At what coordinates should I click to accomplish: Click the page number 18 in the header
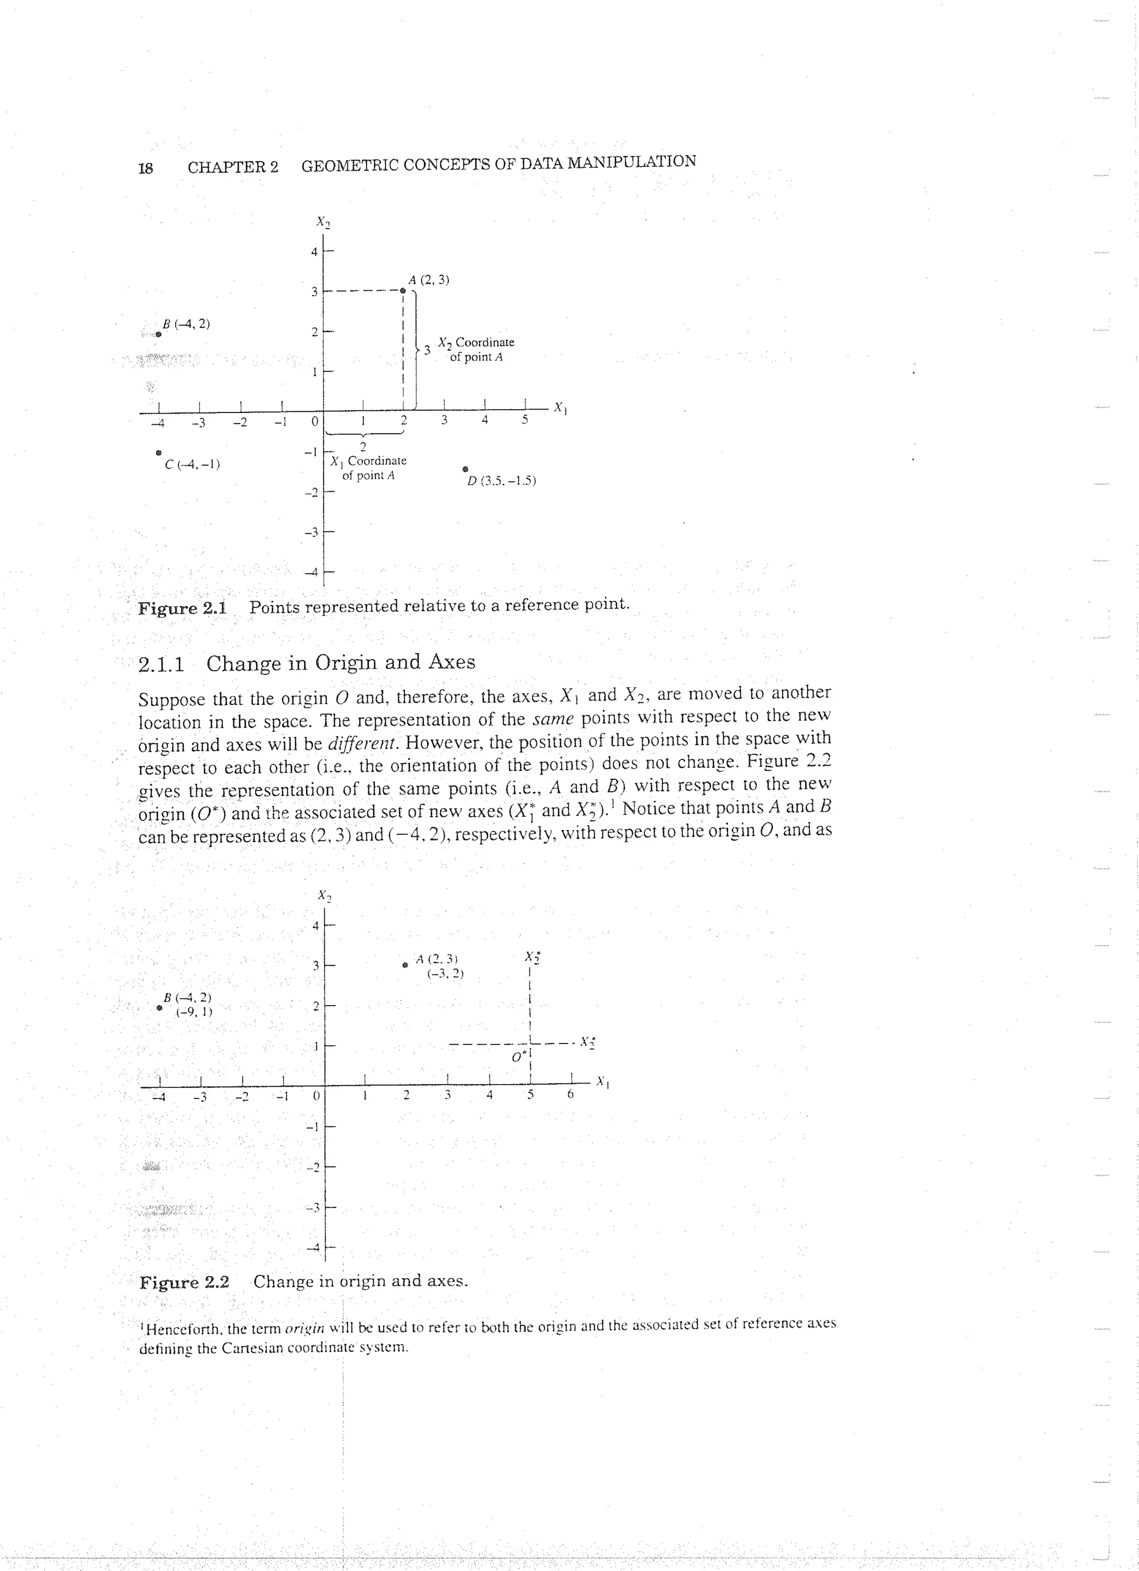146,168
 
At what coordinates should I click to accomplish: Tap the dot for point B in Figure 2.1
159,334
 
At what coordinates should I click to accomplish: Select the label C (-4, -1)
192,465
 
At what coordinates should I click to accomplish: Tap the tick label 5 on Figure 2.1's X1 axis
525,420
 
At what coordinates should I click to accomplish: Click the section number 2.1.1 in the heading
161,664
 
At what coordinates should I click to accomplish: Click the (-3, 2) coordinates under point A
445,973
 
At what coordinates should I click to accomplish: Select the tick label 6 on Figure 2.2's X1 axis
570,1095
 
